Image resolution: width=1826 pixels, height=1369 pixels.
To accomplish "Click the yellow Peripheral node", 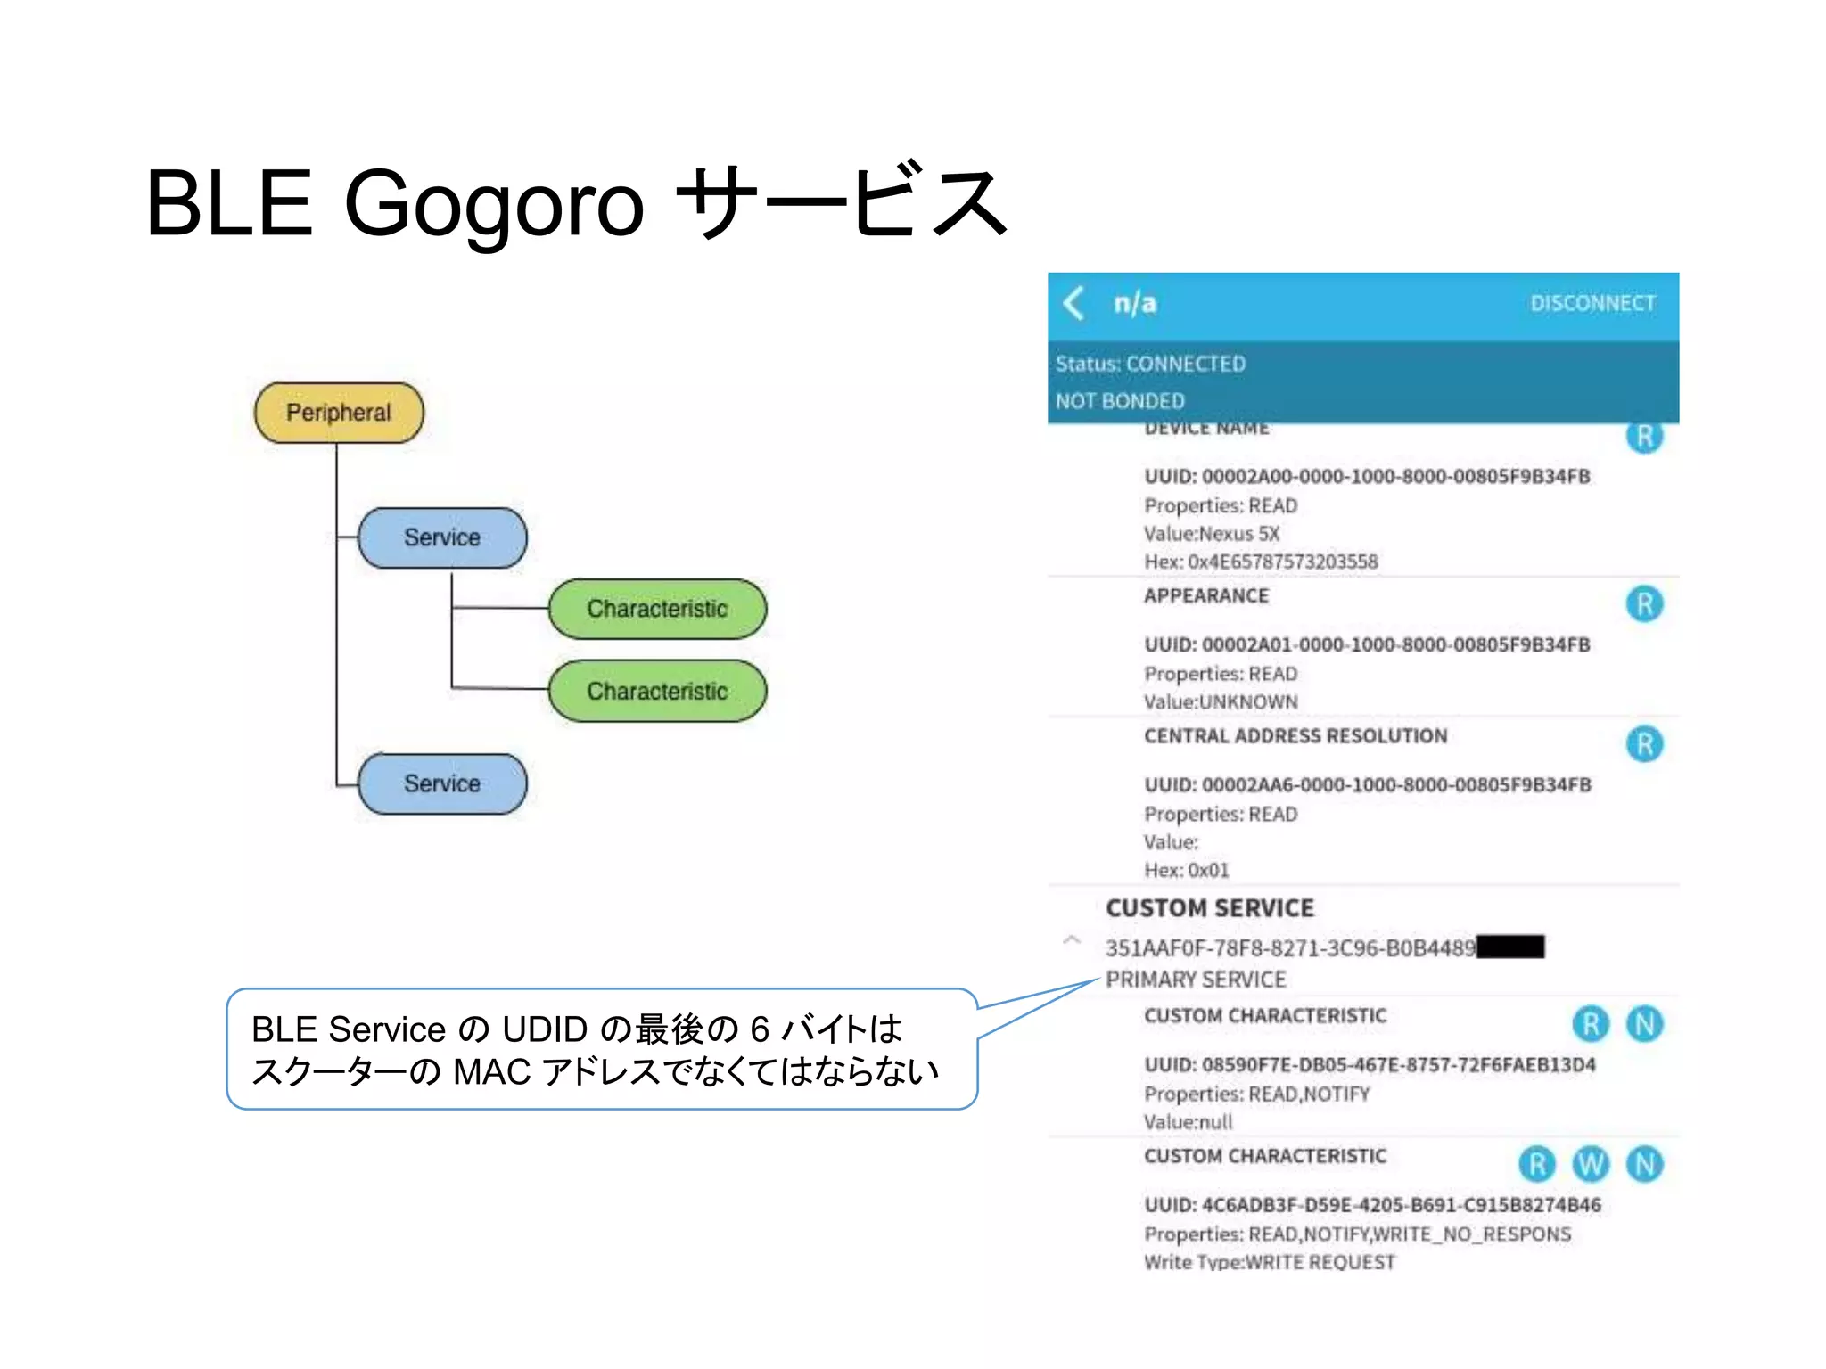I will coord(339,413).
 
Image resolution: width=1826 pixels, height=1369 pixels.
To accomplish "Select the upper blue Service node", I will coord(442,537).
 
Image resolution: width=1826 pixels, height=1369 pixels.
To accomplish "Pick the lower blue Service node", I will coord(442,783).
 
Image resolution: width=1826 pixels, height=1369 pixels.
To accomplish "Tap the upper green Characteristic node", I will coord(657,609).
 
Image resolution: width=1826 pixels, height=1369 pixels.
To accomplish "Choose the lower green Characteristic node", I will coord(657,691).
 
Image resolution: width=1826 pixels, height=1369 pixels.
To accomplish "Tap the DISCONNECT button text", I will coord(1592,303).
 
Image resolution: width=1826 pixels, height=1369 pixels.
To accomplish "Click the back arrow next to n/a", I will coord(1074,303).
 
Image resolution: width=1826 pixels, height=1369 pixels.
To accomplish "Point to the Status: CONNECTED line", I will coord(1150,364).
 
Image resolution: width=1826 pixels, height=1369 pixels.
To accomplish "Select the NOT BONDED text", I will coord(1120,401).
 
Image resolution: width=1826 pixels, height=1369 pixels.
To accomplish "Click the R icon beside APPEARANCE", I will coord(1644,604).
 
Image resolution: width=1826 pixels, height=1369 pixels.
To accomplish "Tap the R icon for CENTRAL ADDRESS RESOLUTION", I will coord(1644,744).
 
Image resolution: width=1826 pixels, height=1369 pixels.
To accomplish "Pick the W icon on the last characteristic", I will coord(1591,1164).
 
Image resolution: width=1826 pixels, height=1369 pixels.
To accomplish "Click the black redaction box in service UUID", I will coord(1510,947).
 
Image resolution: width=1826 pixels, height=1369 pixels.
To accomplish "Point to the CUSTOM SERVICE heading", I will coord(1210,908).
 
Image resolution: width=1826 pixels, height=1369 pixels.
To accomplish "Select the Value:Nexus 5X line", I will coord(1212,534).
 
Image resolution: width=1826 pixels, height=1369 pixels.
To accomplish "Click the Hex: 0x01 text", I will coord(1187,870).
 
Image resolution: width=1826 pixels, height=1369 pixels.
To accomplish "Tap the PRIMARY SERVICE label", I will coord(1196,980).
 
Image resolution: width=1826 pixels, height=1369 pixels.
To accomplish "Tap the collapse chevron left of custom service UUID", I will coord(1072,940).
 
